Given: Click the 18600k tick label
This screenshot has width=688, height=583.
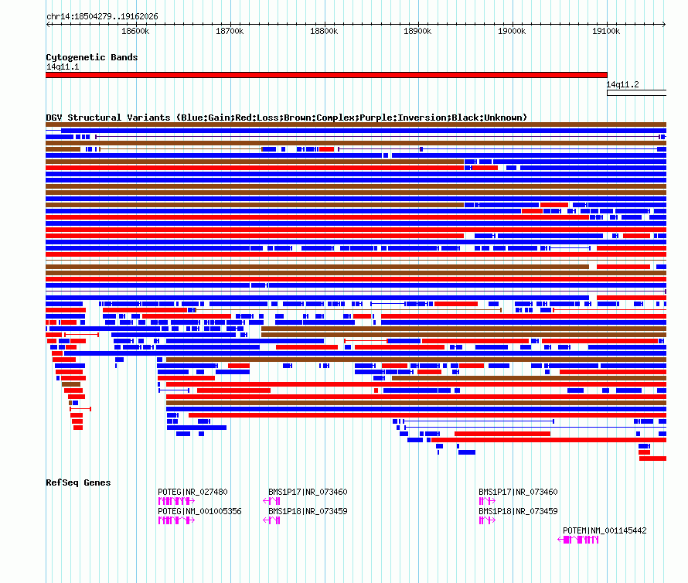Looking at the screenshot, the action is pos(135,31).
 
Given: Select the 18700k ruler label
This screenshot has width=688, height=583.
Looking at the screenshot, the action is pos(230,31).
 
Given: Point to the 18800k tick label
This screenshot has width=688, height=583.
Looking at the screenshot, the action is pos(324,31).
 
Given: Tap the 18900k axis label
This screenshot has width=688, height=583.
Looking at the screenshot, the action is pos(417,31).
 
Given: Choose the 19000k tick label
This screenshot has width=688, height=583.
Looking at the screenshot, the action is pos(512,31).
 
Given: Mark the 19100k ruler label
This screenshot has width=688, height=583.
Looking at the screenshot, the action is pos(606,31).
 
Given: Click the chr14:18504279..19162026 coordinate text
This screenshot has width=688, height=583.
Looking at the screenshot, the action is pos(102,17).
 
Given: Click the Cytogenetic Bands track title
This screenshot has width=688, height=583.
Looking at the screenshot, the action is pos(92,57).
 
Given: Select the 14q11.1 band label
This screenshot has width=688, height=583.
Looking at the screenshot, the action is pos(63,66).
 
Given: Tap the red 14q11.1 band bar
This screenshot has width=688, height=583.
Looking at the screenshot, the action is pos(326,75).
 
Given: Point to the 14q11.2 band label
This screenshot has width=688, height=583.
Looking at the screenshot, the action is pos(622,84).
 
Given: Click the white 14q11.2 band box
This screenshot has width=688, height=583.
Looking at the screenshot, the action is pos(637,93).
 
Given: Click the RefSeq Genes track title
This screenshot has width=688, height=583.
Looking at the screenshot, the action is pos(78,482).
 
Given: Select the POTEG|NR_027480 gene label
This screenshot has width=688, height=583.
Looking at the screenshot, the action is pos(192,492).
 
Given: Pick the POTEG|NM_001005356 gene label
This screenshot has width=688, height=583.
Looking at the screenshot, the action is pos(199,511).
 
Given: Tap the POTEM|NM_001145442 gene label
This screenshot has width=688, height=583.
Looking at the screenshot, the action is pos(605,530).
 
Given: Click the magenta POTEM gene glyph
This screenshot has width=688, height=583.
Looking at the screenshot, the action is pos(578,540).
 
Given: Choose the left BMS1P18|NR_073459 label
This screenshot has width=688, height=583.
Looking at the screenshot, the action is pos(308,511).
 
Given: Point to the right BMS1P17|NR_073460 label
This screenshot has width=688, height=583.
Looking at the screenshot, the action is pos(518,492).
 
